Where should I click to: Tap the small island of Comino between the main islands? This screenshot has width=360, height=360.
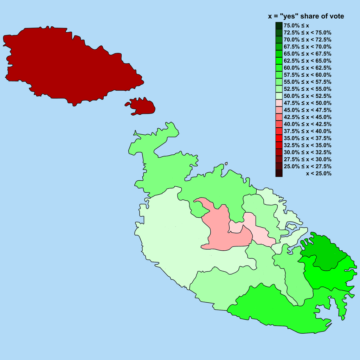click(x=142, y=107)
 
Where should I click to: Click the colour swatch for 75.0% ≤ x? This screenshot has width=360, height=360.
click(x=279, y=26)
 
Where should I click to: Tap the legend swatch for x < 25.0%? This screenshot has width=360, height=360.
click(x=279, y=173)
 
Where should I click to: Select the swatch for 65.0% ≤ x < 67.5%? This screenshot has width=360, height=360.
click(x=279, y=54)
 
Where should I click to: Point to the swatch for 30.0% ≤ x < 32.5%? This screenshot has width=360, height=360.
click(x=279, y=152)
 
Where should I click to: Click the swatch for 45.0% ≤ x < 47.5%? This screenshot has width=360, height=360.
click(x=279, y=110)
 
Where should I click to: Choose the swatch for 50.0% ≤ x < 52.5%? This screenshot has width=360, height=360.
click(x=279, y=96)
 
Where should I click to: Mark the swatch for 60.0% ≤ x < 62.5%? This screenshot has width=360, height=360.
click(x=279, y=68)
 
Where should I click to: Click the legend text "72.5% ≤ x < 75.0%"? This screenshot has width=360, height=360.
click(x=308, y=33)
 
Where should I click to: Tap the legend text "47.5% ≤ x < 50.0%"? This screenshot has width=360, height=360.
click(x=308, y=103)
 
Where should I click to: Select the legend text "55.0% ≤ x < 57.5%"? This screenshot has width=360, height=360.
click(x=308, y=82)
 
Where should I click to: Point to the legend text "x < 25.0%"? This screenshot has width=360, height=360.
click(x=319, y=173)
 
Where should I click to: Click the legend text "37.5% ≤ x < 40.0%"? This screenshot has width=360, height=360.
click(x=308, y=131)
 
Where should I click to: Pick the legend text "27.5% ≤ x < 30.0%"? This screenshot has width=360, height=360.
click(x=308, y=159)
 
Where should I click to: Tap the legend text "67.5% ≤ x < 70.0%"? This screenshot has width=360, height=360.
click(x=308, y=47)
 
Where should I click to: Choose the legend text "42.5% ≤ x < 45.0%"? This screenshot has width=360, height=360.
click(x=308, y=117)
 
